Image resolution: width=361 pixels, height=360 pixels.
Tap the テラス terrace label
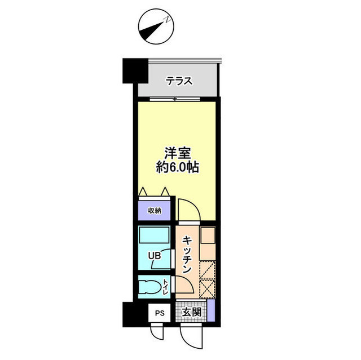[x=179, y=81]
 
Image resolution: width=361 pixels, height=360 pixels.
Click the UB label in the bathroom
[x=155, y=256]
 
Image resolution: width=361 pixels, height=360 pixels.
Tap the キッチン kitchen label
[x=188, y=255]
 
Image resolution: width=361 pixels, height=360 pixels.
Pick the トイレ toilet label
[x=165, y=287]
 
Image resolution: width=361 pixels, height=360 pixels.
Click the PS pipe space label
[x=160, y=312]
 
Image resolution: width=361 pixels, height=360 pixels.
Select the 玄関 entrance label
[x=191, y=312]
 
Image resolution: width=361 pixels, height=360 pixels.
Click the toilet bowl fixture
[x=149, y=287]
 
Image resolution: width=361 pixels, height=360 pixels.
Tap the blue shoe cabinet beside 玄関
[x=210, y=312]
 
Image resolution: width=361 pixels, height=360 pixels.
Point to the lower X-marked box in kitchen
[x=208, y=288]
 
